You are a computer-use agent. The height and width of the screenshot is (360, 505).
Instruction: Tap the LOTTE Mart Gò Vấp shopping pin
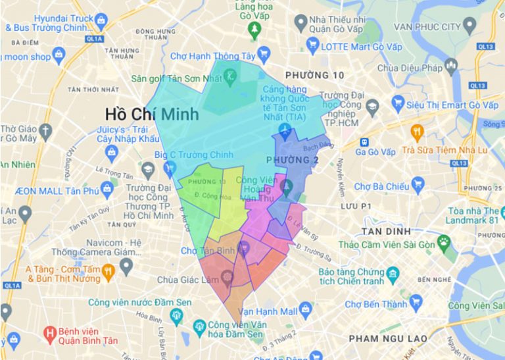tap(312, 47)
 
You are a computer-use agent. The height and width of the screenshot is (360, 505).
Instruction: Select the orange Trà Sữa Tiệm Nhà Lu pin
tap(416, 132)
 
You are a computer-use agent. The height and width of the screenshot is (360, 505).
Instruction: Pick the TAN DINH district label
tap(386, 231)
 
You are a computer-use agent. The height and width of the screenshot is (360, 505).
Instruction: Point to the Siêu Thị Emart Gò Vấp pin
tap(398, 103)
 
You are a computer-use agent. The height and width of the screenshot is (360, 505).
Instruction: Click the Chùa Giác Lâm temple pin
tap(228, 277)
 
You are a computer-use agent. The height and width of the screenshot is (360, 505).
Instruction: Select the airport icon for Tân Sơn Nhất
tap(285, 129)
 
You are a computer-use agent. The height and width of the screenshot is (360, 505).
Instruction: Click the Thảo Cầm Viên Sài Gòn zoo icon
tap(445, 242)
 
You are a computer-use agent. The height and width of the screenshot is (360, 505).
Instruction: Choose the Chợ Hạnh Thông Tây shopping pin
tap(264, 54)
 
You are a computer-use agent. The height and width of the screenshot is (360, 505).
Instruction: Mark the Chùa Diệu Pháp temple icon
tap(450, 65)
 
